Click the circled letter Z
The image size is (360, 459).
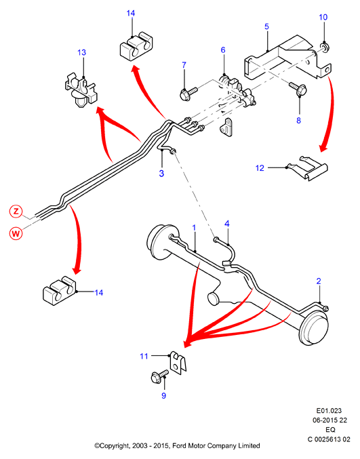(16, 211)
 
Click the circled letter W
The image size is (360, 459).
(16, 234)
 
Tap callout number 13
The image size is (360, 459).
(81, 52)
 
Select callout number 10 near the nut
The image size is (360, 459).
(323, 17)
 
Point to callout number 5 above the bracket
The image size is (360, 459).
(266, 26)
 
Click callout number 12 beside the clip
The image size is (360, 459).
(260, 168)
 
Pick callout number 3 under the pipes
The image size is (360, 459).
(161, 174)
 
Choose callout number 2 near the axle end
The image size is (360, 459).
(319, 281)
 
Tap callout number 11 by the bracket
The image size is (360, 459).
(144, 356)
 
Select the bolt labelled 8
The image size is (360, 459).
(298, 88)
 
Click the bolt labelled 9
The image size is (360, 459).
(159, 376)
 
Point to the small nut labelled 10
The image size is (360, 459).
(323, 47)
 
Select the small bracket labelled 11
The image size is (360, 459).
(178, 363)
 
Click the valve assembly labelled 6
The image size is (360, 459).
(237, 89)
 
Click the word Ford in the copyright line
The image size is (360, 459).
(180, 446)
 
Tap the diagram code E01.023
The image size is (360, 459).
(329, 410)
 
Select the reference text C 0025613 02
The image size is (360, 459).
(329, 439)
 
